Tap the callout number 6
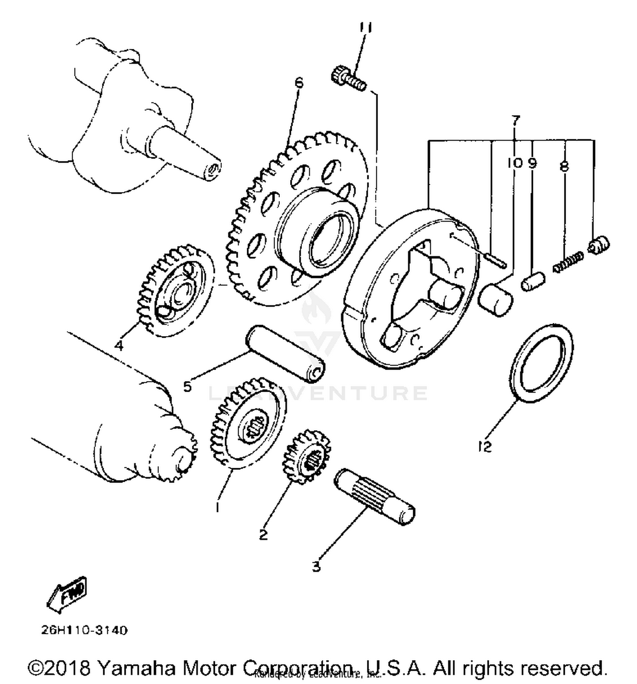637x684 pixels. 299,82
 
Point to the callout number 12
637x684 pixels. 484,447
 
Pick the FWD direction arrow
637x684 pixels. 67,595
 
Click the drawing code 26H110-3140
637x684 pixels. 84,630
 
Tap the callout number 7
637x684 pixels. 516,120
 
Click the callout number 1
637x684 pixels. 217,507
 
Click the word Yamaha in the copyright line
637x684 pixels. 135,668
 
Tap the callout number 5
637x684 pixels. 187,387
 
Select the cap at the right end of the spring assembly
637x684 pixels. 599,246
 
